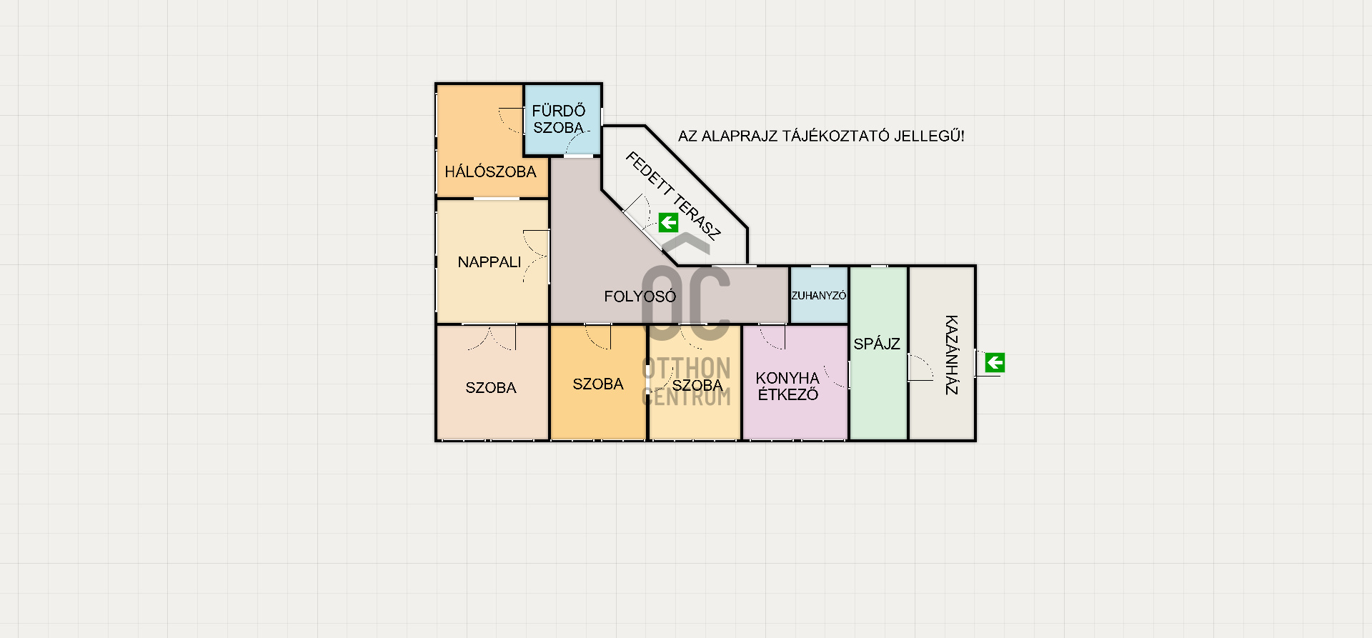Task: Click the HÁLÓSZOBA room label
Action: click(490, 171)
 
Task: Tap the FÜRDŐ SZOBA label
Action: click(559, 119)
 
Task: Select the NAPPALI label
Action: click(489, 262)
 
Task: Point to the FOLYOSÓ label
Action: click(640, 296)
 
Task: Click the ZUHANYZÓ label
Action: click(819, 296)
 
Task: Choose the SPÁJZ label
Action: click(877, 344)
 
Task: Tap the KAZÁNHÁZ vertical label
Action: click(951, 355)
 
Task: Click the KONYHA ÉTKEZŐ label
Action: click(787, 386)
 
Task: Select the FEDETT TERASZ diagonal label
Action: click(673, 195)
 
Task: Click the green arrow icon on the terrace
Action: click(668, 223)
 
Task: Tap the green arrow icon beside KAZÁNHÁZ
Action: click(995, 363)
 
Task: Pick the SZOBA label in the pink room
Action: click(491, 388)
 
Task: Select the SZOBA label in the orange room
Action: click(598, 384)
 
